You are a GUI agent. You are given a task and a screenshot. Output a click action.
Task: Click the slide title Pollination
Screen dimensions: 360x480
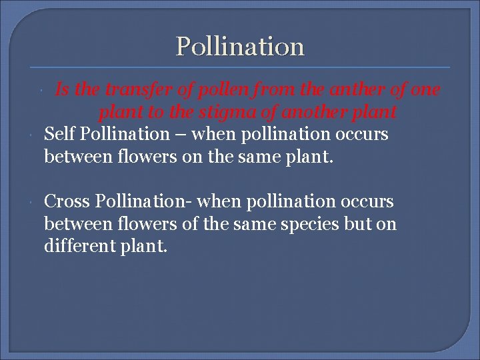tap(240, 47)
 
